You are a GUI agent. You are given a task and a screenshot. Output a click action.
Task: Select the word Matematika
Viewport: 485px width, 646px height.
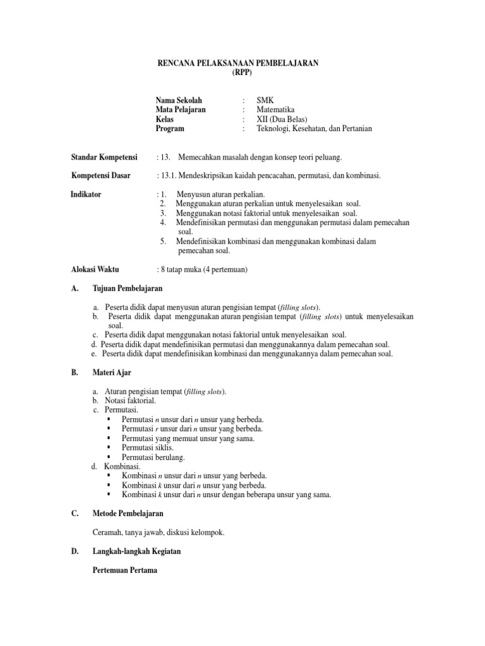(275, 109)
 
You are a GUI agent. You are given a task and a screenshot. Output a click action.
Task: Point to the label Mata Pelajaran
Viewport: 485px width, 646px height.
(181, 109)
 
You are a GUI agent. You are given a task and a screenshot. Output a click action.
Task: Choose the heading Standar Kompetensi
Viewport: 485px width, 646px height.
(104, 156)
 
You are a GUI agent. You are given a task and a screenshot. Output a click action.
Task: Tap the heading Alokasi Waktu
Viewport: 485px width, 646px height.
(95, 269)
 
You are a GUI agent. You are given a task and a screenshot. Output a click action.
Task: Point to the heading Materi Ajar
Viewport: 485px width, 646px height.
(112, 373)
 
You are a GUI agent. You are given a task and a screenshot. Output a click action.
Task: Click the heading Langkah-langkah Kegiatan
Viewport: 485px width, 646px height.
(136, 551)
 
